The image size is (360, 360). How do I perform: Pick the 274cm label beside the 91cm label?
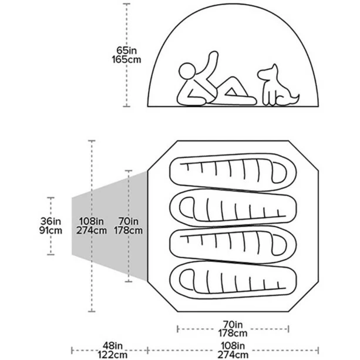[92, 230]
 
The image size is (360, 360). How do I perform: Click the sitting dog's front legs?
[267, 97]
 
